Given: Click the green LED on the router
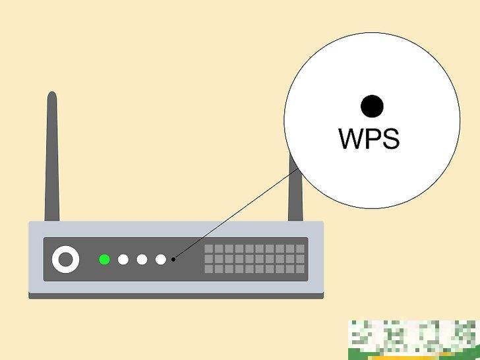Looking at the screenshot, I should click(x=104, y=259).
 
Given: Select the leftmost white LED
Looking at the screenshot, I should click(x=123, y=259).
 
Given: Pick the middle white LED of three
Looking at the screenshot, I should click(x=142, y=259).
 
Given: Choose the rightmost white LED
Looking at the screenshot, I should click(x=161, y=259).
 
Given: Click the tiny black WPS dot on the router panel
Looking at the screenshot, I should click(x=173, y=259).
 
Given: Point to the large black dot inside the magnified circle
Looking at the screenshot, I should click(x=372, y=105).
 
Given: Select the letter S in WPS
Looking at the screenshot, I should click(x=390, y=139).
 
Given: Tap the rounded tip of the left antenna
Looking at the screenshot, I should click(x=52, y=98).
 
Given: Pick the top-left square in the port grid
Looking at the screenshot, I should click(x=208, y=249).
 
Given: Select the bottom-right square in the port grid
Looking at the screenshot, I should click(x=300, y=269).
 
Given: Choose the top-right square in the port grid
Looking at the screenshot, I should click(x=300, y=249).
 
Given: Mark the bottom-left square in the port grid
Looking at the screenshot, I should click(x=208, y=269).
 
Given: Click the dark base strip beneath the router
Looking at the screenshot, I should click(x=176, y=296).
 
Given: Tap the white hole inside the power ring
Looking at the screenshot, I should click(x=65, y=259).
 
